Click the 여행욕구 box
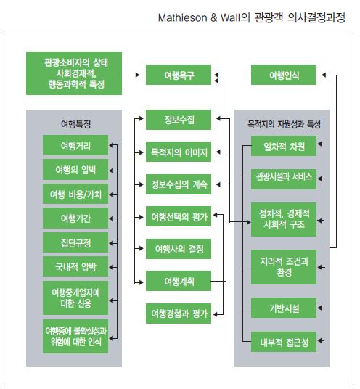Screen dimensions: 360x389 pyautogui.click(x=179, y=75)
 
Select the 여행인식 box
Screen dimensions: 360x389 pyautogui.click(x=284, y=75)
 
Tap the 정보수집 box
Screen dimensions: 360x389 pyautogui.click(x=179, y=120)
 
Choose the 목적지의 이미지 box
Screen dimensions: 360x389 pyautogui.click(x=179, y=152)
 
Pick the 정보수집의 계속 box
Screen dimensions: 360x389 pyautogui.click(x=179, y=184)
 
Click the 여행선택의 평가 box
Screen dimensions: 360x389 pyautogui.click(x=179, y=216)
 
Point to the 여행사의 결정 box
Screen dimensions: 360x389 pyautogui.click(x=179, y=249)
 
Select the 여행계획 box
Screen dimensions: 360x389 pyautogui.click(x=179, y=281)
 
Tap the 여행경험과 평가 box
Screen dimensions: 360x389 pyautogui.click(x=179, y=314)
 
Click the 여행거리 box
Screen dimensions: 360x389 pyautogui.click(x=75, y=145)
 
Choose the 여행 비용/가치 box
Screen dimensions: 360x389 pyautogui.click(x=75, y=194)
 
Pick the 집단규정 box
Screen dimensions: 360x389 pyautogui.click(x=75, y=242)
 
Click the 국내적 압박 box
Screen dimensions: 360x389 pyautogui.click(x=75, y=266)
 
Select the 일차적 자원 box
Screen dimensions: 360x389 pyautogui.click(x=284, y=146)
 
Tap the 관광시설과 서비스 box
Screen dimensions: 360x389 pyautogui.click(x=284, y=179)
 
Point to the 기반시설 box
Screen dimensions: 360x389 pyautogui.click(x=284, y=308)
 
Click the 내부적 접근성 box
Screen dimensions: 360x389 pyautogui.click(x=284, y=342)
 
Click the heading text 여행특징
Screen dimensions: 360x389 pyautogui.click(x=75, y=123)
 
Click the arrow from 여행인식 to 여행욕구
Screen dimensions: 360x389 pyautogui.click(x=233, y=75)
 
